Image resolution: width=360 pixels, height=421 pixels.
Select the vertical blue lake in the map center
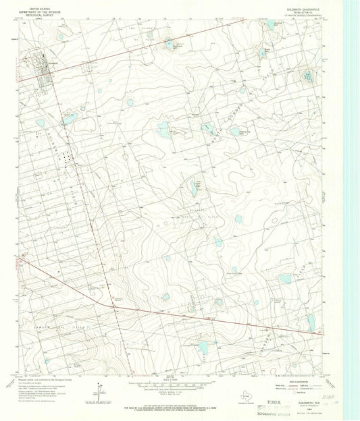pyautogui.click(x=194, y=190)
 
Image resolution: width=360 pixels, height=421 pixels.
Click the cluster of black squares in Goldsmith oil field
pyautogui.click(x=65, y=157)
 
